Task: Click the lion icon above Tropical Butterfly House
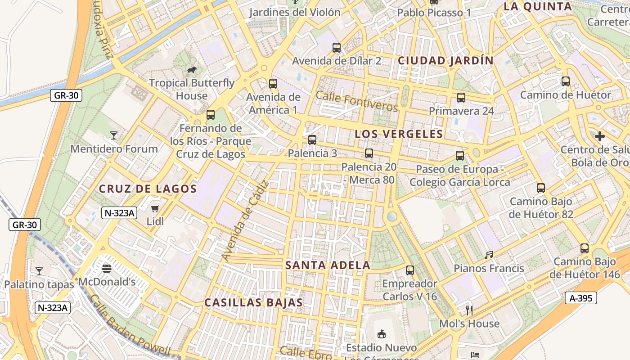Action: point(191,70)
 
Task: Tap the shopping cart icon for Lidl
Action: point(155,208)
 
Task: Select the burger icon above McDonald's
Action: point(107,269)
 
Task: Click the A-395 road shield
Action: point(581,297)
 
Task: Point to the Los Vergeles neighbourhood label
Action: point(399,134)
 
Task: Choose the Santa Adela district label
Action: point(328,265)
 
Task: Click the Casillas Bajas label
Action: point(254,302)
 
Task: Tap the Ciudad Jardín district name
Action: point(445,60)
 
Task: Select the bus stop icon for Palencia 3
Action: point(312,140)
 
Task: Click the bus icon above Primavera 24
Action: point(461,98)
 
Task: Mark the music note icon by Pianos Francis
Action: point(489,255)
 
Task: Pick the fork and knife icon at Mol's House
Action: point(469,310)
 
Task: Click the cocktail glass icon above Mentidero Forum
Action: point(114,135)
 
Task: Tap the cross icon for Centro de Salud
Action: point(599,136)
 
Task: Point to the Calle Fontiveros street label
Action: point(357,101)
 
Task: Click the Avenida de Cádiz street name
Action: point(245,221)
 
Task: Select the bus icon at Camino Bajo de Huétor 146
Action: point(584,248)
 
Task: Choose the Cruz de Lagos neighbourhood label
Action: point(148,189)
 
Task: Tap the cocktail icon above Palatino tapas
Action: point(39,271)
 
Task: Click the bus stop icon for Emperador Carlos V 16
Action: point(409,270)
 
